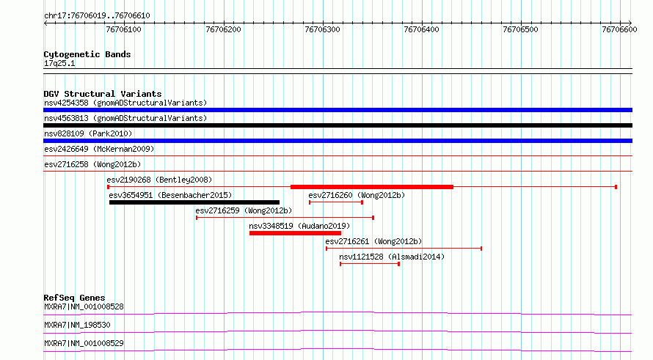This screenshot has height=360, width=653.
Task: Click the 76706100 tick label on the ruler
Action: coord(124,29)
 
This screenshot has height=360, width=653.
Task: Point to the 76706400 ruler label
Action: coord(421,29)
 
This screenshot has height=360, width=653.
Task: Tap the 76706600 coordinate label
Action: coord(619,29)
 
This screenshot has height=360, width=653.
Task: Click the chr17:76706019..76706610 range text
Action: coord(97,16)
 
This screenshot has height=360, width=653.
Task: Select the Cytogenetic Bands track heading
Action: coord(87,54)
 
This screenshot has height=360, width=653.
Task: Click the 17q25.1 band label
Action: coord(59,63)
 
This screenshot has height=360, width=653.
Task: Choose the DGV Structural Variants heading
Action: coord(103,94)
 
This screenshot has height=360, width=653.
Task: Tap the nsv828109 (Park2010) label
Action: coord(88,133)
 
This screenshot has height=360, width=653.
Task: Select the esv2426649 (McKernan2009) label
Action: coord(99,149)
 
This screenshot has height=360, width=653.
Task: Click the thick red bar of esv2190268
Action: coord(372,187)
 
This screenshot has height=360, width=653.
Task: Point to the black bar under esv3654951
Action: coord(194,202)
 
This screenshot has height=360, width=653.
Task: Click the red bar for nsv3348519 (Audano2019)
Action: coord(295,233)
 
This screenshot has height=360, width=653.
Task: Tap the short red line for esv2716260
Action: coord(336,202)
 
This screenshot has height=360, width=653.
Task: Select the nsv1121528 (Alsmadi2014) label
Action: coord(392,257)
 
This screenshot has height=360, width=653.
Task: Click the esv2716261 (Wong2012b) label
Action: coord(373,241)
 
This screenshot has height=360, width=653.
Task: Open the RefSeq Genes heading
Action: coord(74,298)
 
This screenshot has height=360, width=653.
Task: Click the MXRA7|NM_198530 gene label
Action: coord(77,325)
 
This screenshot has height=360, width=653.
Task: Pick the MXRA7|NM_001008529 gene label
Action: coord(84,343)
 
